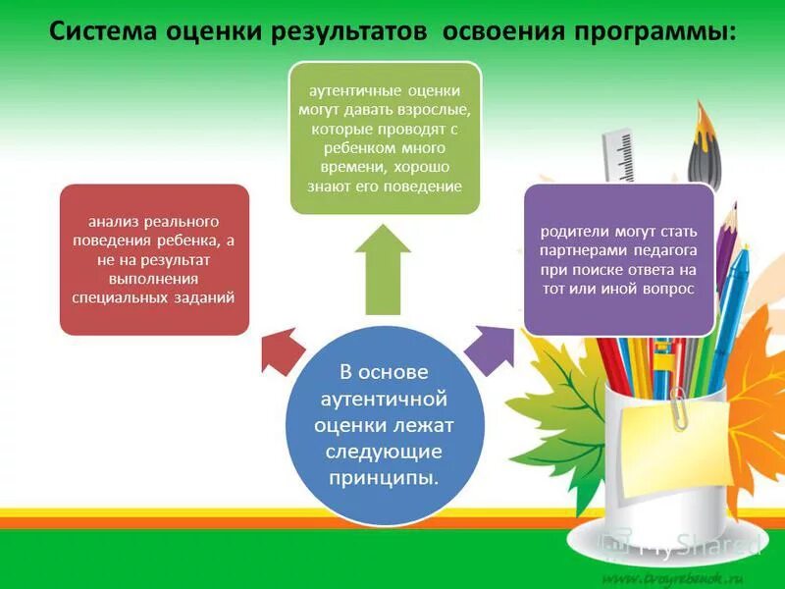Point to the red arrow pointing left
282,350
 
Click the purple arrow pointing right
486,348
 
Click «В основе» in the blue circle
384,373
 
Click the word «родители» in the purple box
573,233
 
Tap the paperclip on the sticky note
678,409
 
